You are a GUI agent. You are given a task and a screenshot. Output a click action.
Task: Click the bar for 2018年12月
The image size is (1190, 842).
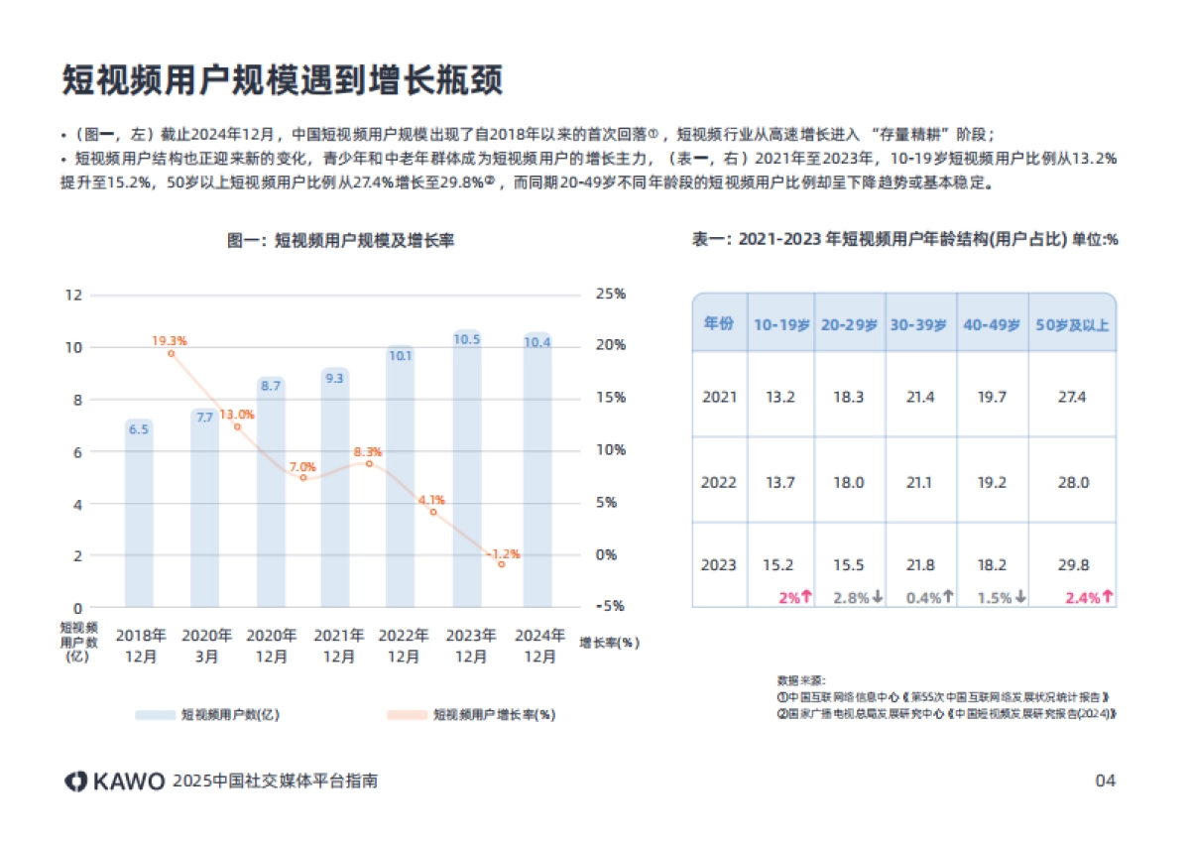[x=139, y=516]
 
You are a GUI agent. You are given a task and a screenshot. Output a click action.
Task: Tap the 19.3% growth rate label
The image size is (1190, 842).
[x=170, y=340]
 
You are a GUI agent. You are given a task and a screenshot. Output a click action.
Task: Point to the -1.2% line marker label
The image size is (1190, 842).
[x=503, y=553]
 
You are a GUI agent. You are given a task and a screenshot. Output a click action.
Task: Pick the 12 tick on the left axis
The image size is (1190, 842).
[x=73, y=295]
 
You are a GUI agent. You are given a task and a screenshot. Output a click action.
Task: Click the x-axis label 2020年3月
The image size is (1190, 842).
[x=206, y=645]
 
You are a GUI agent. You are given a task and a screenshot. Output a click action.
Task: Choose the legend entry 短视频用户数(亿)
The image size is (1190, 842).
[x=230, y=714]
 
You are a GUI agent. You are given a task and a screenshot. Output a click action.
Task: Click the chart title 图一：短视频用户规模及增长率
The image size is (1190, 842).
[x=341, y=240]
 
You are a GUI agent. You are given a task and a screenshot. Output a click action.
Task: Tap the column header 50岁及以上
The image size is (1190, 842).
[x=1072, y=324]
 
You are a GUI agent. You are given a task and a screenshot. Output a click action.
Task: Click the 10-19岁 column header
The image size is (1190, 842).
[x=781, y=324]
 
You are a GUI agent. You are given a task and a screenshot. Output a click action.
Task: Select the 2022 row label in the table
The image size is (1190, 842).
[x=719, y=483]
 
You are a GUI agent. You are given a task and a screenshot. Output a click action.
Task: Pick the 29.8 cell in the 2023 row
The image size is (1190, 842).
[x=1073, y=565]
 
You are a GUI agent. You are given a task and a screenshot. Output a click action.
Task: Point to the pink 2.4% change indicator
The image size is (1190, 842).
[x=1088, y=597]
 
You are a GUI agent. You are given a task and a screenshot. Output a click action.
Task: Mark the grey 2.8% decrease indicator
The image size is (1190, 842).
[x=857, y=597]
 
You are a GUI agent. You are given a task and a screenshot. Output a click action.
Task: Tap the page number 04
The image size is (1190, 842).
[x=1105, y=781]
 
